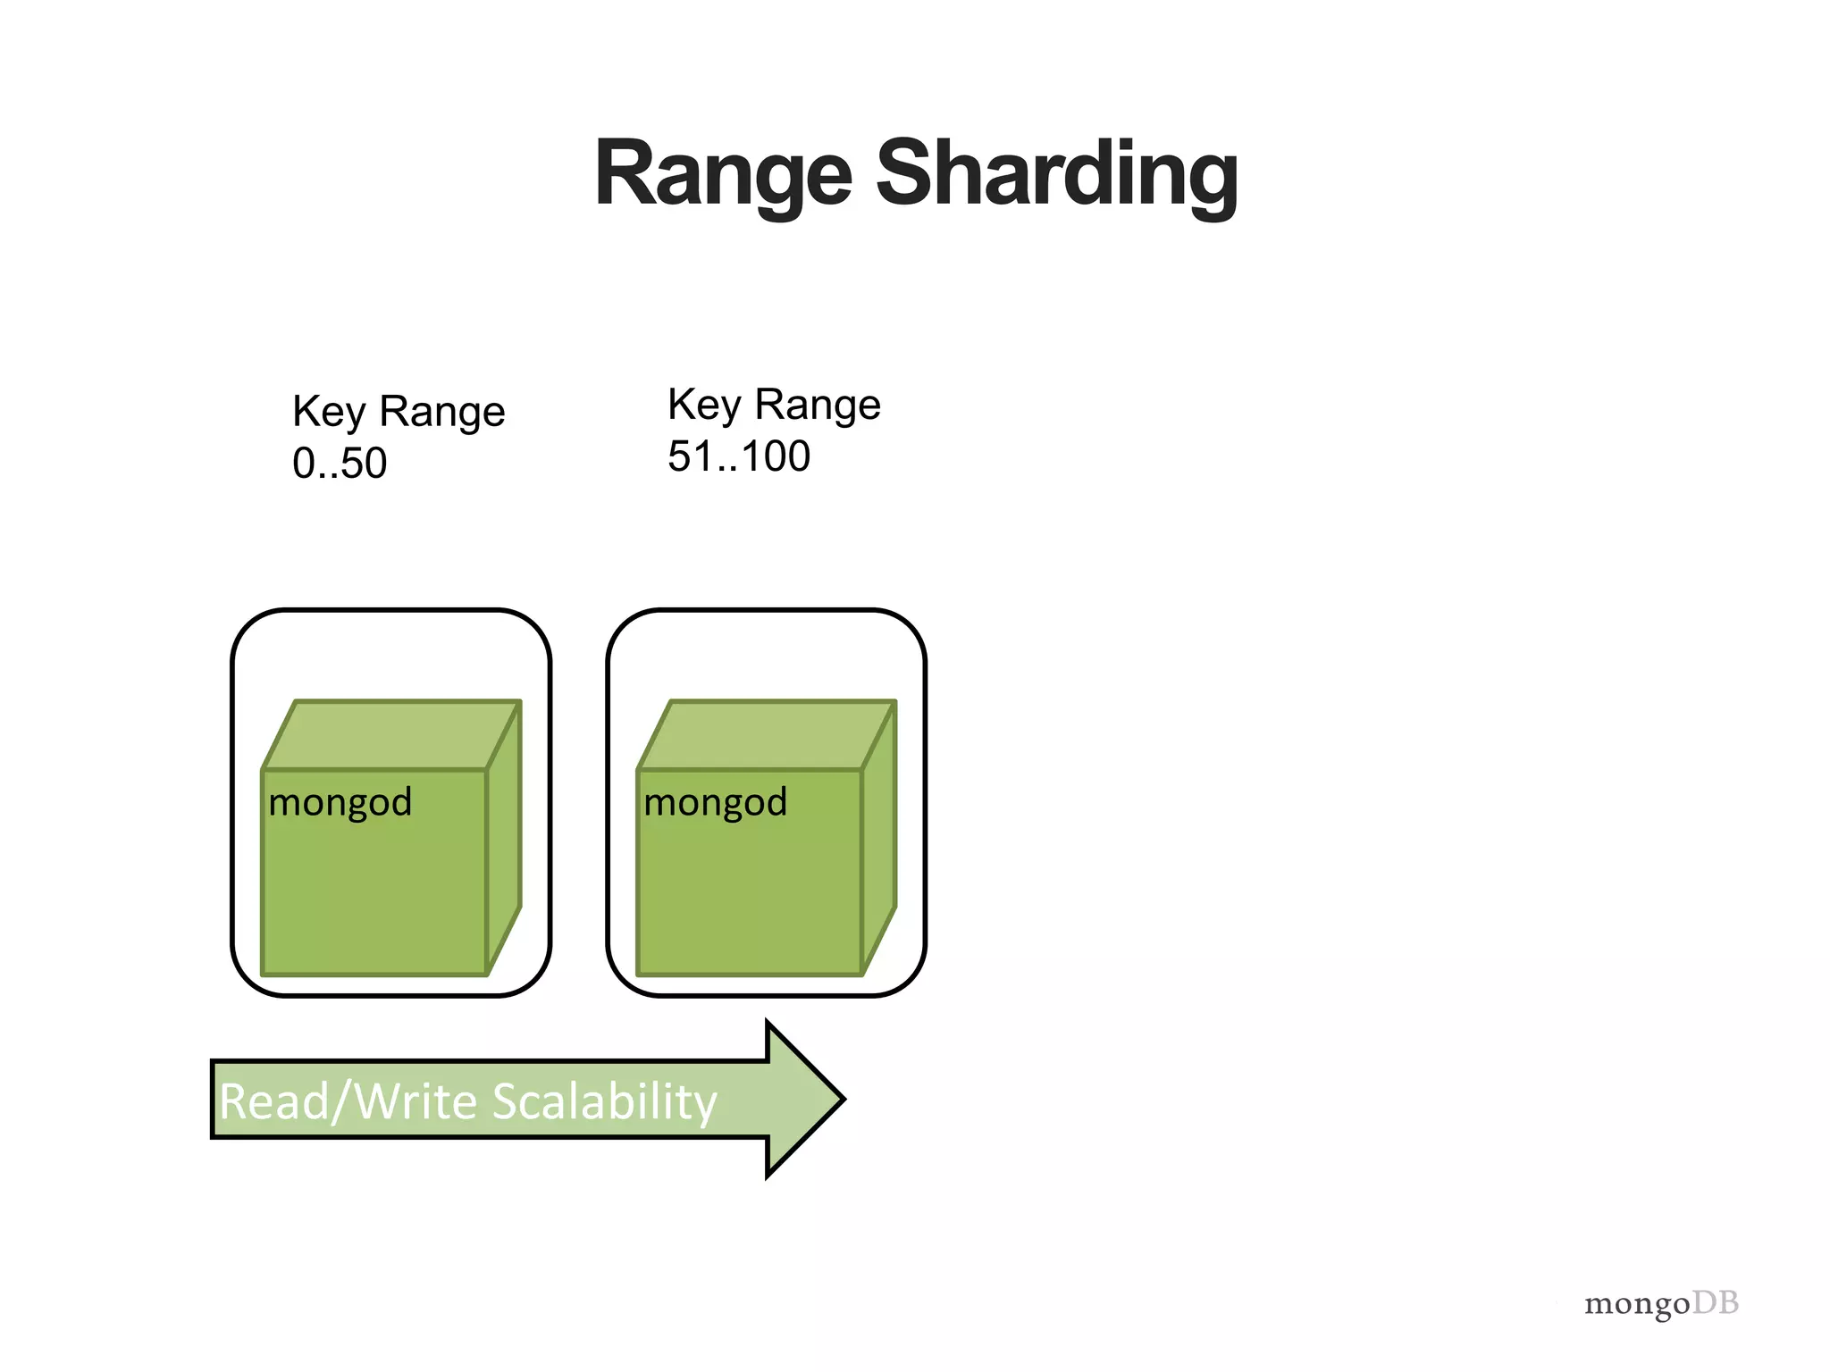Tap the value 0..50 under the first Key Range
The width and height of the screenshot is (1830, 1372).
[x=340, y=464]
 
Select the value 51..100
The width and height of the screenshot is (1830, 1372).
[x=739, y=456]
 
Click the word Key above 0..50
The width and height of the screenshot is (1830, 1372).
[x=329, y=413]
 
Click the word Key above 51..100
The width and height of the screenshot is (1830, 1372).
[x=704, y=406]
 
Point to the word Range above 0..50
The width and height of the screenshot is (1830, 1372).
[x=442, y=413]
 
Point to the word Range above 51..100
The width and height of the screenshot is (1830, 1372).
[x=818, y=406]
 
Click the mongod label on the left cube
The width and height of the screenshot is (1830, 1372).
[x=340, y=802]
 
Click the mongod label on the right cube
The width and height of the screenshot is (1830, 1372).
[x=715, y=802]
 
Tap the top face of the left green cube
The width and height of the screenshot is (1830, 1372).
[x=391, y=735]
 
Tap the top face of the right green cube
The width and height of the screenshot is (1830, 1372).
[x=767, y=735]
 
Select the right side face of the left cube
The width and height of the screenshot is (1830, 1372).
[x=504, y=840]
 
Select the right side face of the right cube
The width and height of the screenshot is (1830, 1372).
[x=879, y=840]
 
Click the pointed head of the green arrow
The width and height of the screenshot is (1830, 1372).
[x=804, y=1099]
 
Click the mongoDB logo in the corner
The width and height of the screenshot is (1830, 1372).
[x=1661, y=1304]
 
